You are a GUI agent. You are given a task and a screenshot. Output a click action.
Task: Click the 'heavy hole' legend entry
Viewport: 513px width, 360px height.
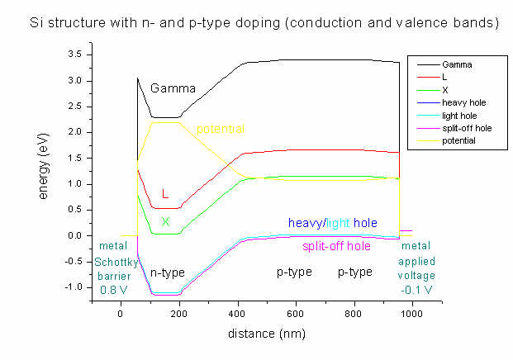(x=461, y=102)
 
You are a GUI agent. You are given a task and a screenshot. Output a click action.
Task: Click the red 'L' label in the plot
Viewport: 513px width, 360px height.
(x=165, y=195)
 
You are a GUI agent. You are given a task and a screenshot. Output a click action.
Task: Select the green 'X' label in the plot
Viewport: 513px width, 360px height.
(x=165, y=221)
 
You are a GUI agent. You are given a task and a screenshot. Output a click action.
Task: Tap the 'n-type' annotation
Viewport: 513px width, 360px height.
(x=167, y=272)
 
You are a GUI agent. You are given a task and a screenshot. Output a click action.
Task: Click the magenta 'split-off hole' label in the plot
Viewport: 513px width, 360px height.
(x=337, y=246)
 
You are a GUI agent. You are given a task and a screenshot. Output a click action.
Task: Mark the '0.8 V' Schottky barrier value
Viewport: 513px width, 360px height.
(x=113, y=290)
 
